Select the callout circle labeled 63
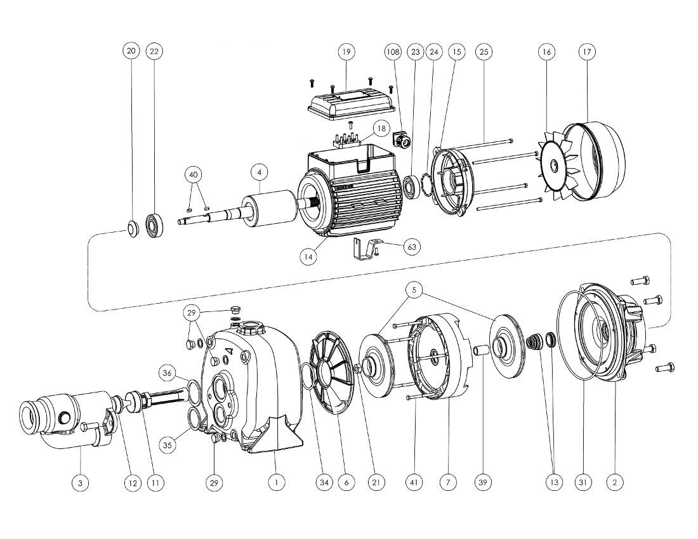(412, 246)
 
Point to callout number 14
(309, 256)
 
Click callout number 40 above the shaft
(194, 174)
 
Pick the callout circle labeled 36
(167, 373)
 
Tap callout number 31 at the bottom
(583, 483)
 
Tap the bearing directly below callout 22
(154, 225)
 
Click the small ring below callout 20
(131, 228)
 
